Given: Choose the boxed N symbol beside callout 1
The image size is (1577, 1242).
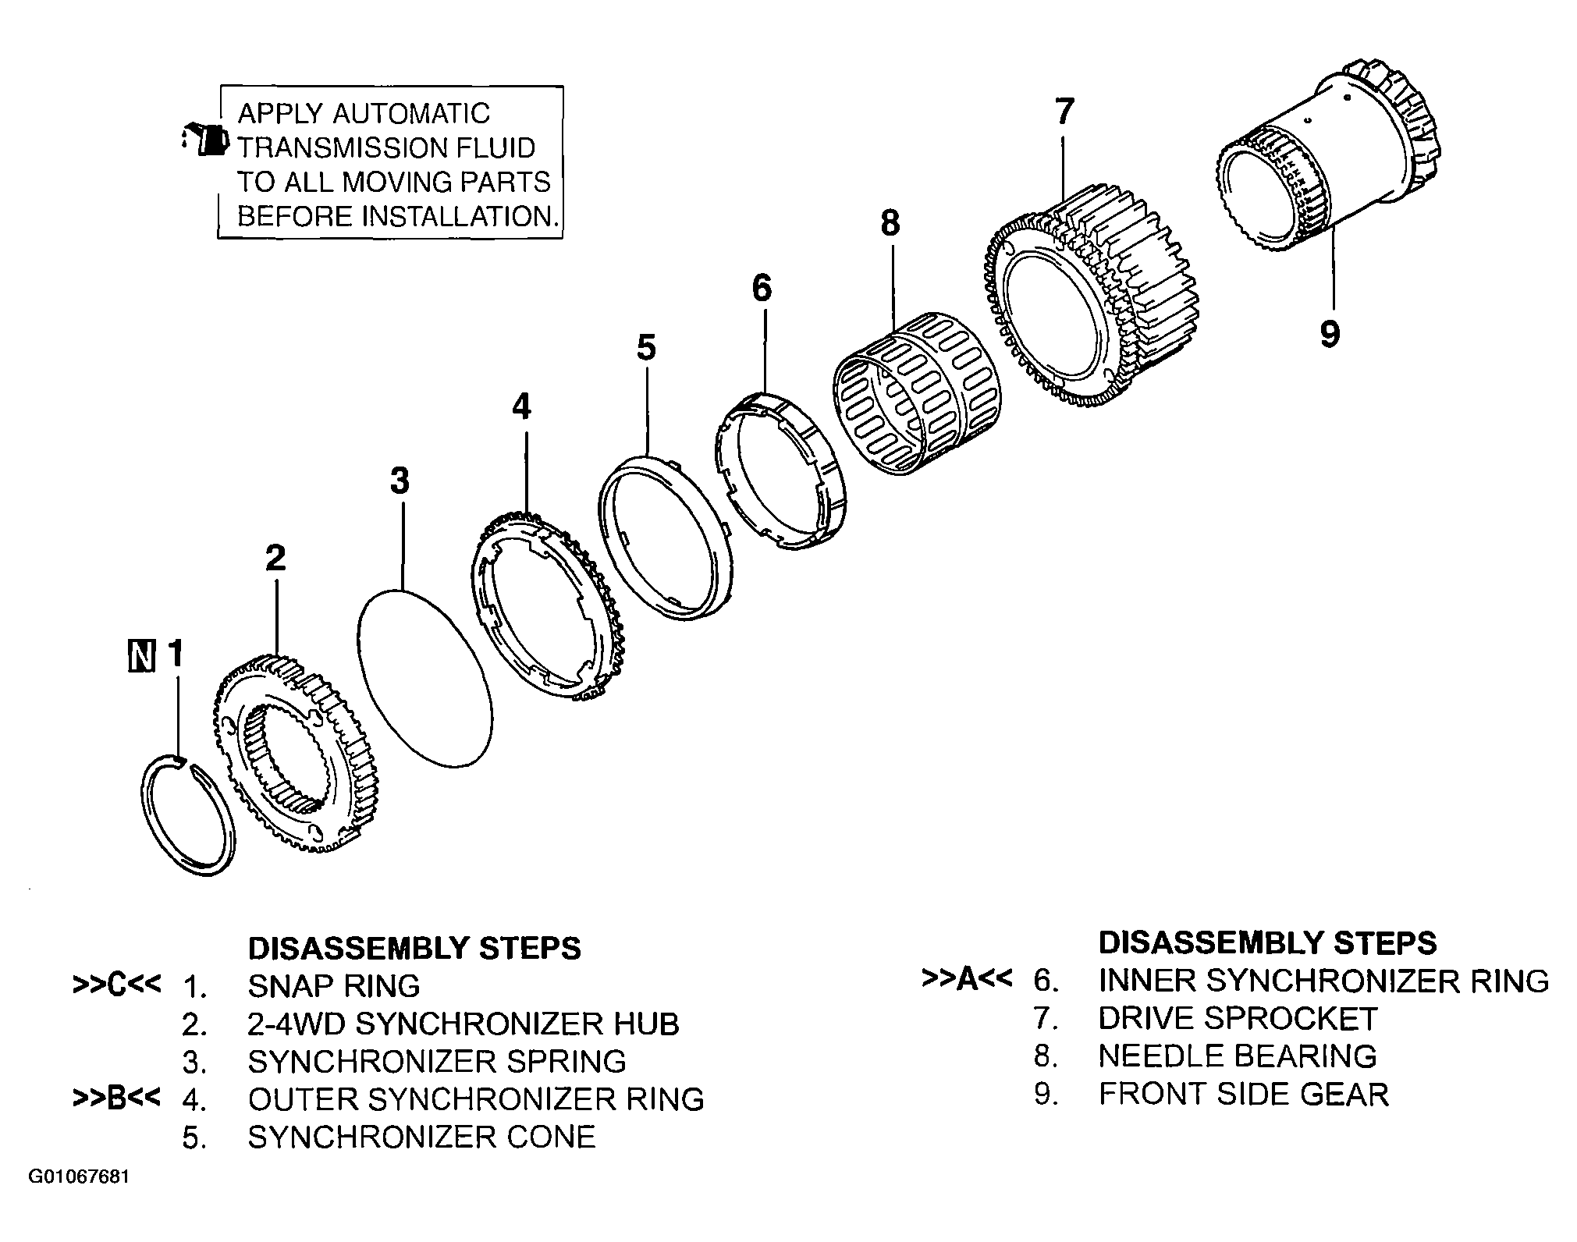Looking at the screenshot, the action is click(x=141, y=655).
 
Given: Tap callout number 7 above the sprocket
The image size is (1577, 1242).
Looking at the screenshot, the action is click(x=1064, y=111).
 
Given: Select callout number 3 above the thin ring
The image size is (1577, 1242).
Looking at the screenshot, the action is click(x=400, y=481).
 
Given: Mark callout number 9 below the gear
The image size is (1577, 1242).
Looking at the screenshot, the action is click(x=1330, y=334).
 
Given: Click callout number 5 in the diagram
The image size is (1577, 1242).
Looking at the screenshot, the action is click(x=646, y=347).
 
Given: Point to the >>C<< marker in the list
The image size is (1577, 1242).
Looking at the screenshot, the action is click(x=116, y=985).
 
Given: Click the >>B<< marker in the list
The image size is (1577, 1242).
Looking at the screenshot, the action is click(x=116, y=1098).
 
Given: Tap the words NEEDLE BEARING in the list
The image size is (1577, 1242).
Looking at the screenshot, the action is click(x=1238, y=1056).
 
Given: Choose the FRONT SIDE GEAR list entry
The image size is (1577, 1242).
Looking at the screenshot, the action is click(x=1244, y=1094).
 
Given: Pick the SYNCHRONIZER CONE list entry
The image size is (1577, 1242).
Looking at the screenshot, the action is click(x=421, y=1137).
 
